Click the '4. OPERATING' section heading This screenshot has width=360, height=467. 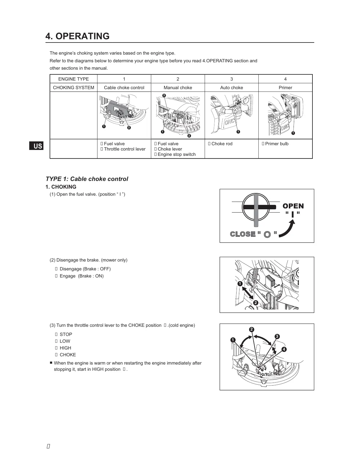[77, 36]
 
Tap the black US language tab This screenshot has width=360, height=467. [36, 146]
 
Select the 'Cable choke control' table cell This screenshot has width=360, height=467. [124, 87]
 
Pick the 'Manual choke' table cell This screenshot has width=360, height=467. [178, 87]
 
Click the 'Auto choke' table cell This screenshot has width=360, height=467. [232, 87]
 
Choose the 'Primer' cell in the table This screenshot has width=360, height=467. [285, 87]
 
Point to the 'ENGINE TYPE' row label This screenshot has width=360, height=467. [74, 79]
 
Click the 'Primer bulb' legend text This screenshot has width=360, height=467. [277, 144]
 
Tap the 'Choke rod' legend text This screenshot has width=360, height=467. [222, 144]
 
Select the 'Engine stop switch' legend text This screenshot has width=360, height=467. [177, 154]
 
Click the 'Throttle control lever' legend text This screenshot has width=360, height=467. [125, 149]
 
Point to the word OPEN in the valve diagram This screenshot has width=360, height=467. [293, 206]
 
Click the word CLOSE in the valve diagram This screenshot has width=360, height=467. [243, 234]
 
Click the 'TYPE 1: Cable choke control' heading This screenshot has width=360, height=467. [87, 179]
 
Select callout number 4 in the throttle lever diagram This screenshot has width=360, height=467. [284, 350]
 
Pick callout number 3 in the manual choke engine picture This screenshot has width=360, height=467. [164, 95]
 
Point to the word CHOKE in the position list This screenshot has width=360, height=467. [68, 355]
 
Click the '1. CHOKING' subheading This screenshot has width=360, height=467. [61, 187]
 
